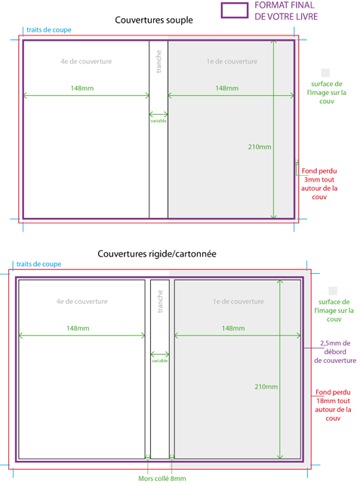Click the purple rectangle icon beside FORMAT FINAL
[x=234, y=4]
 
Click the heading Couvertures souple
[x=154, y=20]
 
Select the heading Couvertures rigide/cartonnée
[x=157, y=254]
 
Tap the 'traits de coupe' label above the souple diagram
[x=49, y=30]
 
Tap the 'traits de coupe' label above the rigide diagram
[x=38, y=264]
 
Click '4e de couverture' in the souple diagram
[x=86, y=61]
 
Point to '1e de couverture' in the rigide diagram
[x=238, y=301]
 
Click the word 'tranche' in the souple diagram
[x=158, y=62]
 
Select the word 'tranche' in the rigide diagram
[x=160, y=301]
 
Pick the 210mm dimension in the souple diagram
[x=260, y=147]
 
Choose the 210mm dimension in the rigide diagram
[x=266, y=387]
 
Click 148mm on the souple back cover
[x=82, y=88]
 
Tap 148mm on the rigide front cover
[x=233, y=328]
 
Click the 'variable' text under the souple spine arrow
[x=158, y=121]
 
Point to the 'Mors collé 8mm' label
[x=162, y=478]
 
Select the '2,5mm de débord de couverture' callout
[x=335, y=351]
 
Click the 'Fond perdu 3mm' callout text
[x=319, y=184]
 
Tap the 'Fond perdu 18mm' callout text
[x=333, y=405]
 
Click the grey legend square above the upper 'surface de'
[x=325, y=72]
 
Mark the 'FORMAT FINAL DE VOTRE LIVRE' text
[x=286, y=11]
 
